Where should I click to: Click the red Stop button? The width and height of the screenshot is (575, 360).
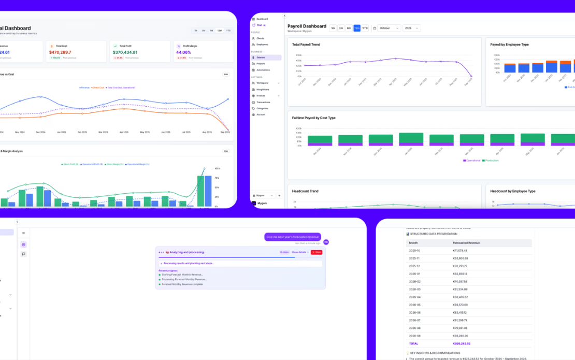pos(317,252)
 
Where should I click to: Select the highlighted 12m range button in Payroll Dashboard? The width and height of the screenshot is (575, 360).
pos(357,28)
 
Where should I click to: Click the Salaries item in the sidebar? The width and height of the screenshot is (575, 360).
pos(267,57)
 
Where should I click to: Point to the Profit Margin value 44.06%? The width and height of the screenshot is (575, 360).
pos(184,52)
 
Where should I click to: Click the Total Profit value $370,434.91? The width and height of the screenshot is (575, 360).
pos(125,52)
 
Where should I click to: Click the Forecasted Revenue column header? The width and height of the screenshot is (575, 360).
pos(466,242)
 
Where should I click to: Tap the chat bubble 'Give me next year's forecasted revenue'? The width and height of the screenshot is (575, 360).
pos(293,237)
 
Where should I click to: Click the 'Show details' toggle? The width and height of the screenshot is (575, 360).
pos(300,252)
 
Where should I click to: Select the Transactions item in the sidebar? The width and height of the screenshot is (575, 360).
pos(263,102)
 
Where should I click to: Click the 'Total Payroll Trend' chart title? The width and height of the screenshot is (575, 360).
pos(306,45)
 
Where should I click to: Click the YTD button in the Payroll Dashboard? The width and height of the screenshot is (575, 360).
pos(365,28)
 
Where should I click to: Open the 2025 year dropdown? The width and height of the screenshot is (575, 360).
pos(411,28)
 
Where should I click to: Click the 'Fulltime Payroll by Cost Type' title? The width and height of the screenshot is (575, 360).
pos(314,118)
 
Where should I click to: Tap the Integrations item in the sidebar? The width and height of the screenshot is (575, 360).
pos(263,89)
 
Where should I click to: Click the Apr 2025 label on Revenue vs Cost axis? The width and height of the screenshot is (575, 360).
pos(124,132)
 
